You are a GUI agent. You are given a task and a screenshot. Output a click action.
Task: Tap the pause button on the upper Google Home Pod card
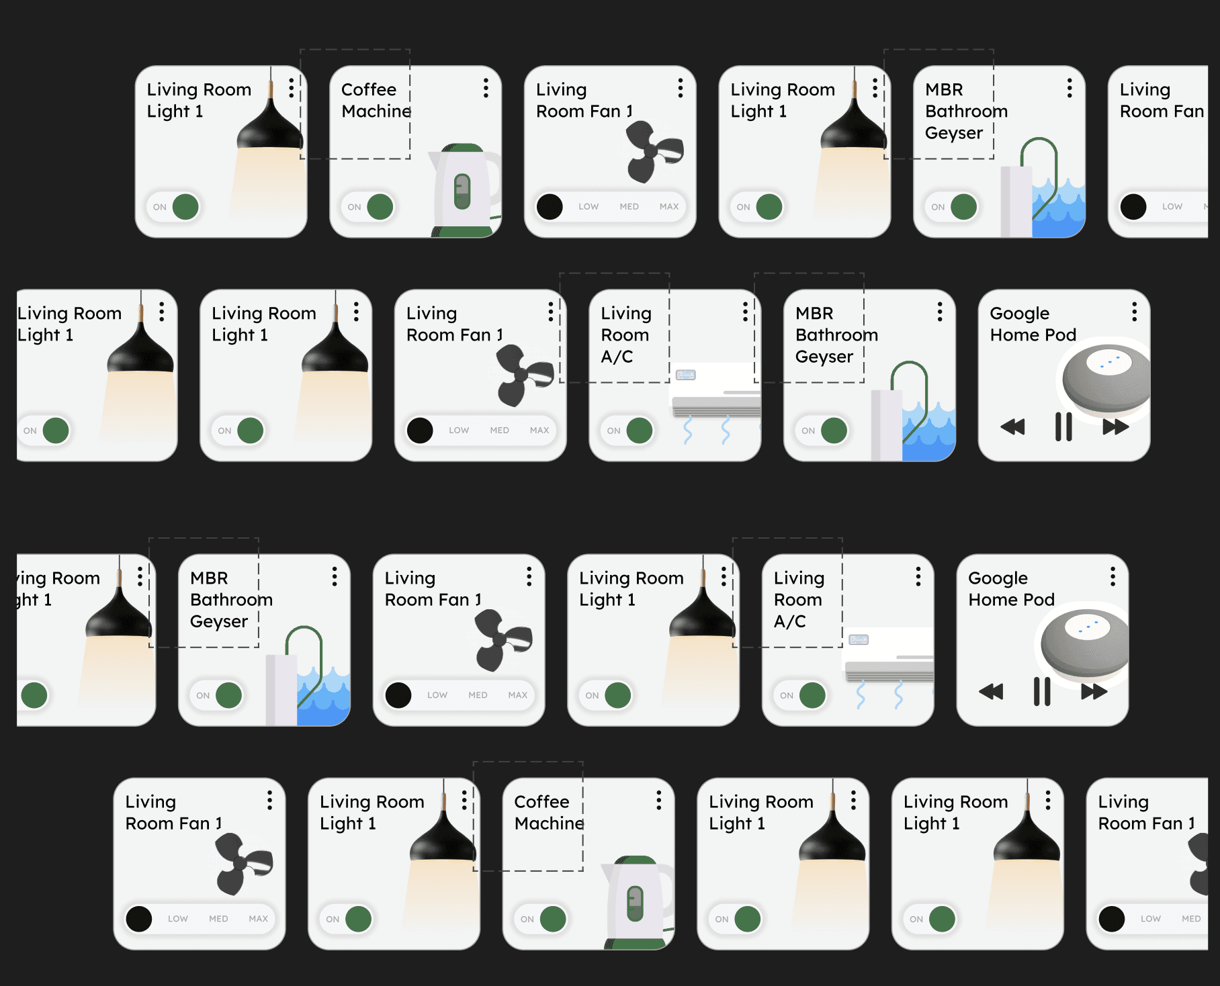[1063, 427]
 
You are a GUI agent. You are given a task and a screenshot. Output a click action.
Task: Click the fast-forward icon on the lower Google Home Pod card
[1094, 691]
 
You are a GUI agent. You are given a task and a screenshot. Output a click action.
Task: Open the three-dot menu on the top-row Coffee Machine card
[486, 88]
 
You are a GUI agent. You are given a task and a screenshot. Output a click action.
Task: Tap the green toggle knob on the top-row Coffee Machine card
[380, 207]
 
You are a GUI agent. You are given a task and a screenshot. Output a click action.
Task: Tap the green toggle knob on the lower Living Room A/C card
[812, 695]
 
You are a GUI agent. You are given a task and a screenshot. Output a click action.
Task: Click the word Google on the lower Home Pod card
[998, 578]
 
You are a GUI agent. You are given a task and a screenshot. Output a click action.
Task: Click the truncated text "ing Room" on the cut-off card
[58, 578]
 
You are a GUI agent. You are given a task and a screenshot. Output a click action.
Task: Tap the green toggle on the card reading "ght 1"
[34, 695]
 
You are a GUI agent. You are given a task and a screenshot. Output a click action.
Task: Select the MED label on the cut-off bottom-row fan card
[1191, 919]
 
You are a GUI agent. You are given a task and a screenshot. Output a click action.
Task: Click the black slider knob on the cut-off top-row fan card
[1133, 207]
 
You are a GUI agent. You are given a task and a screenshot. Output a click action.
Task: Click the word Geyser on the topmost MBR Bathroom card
[954, 133]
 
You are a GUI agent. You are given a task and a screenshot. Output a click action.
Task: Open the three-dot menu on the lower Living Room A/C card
[918, 576]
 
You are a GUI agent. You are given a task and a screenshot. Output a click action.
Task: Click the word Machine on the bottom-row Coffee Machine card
[549, 823]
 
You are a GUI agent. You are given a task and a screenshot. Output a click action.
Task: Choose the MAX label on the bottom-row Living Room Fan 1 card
[259, 919]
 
